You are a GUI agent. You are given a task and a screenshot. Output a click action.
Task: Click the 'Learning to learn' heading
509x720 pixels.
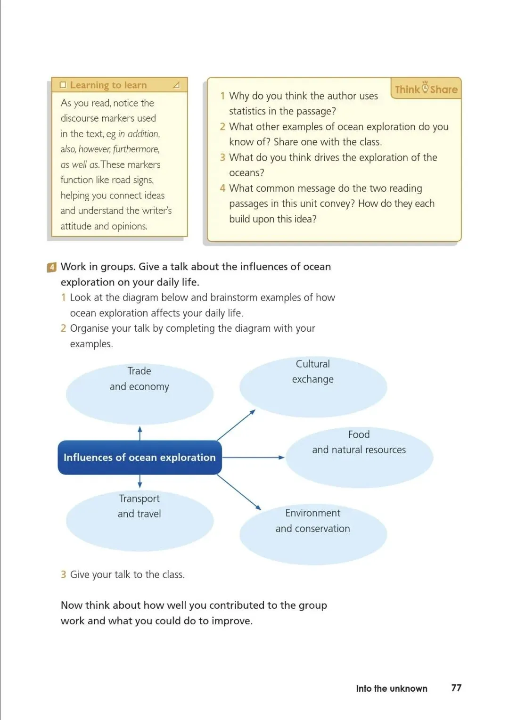(x=108, y=85)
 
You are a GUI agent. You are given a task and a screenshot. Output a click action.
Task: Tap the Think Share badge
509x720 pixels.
(x=426, y=89)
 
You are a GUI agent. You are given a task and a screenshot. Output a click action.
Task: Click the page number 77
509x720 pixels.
(x=456, y=688)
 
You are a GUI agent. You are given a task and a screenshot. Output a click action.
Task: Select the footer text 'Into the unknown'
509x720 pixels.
(x=391, y=688)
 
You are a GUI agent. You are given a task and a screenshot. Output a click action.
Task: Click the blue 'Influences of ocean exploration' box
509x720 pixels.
(x=140, y=458)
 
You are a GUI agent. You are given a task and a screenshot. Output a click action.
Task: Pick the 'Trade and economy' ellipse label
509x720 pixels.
(x=140, y=379)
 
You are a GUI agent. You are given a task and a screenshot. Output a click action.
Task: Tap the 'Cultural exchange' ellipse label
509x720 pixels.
(x=313, y=371)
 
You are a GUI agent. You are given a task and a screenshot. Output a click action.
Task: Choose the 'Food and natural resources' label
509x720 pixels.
(x=359, y=442)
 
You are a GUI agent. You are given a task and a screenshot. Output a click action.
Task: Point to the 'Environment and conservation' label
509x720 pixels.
(x=313, y=521)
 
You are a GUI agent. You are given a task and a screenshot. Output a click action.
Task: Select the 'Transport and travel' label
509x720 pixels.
(x=140, y=506)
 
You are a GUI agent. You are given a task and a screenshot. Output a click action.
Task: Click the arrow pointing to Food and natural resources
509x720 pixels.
(x=254, y=458)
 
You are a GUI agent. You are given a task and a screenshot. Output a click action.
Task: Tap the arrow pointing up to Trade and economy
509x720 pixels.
(x=140, y=433)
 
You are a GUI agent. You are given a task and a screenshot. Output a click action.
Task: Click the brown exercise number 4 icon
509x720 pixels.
(x=52, y=267)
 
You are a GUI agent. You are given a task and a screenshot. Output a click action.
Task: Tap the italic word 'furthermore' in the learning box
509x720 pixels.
(x=136, y=149)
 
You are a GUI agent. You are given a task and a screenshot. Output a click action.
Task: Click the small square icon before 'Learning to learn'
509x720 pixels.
(x=63, y=85)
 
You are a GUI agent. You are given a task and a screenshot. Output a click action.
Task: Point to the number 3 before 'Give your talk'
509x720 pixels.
(x=63, y=574)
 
